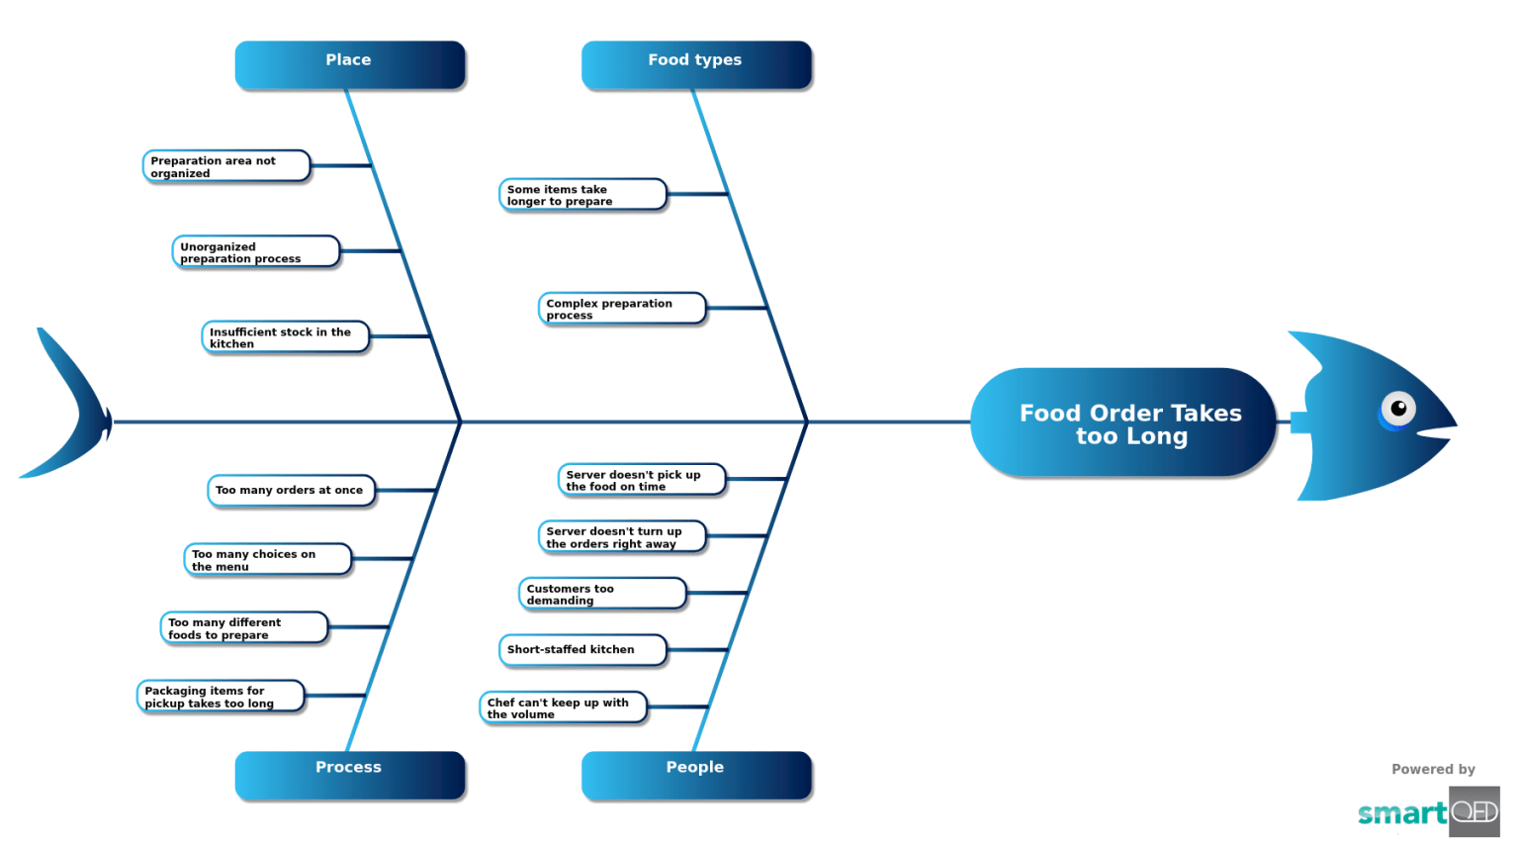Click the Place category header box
click(349, 64)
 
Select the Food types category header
click(695, 64)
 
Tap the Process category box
click(349, 773)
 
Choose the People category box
click(695, 773)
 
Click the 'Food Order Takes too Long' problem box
click(1122, 423)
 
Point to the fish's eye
click(1397, 409)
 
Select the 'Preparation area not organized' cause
click(226, 166)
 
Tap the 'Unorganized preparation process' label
click(255, 252)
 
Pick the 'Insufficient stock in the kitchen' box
click(285, 337)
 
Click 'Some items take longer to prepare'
click(581, 195)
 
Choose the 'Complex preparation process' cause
click(621, 309)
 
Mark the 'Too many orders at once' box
click(291, 490)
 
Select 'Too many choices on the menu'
click(267, 560)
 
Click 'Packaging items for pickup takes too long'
click(220, 697)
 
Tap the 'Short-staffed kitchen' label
click(581, 650)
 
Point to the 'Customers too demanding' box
click(601, 594)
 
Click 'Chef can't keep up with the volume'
click(562, 707)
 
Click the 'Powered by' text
click(1432, 769)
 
